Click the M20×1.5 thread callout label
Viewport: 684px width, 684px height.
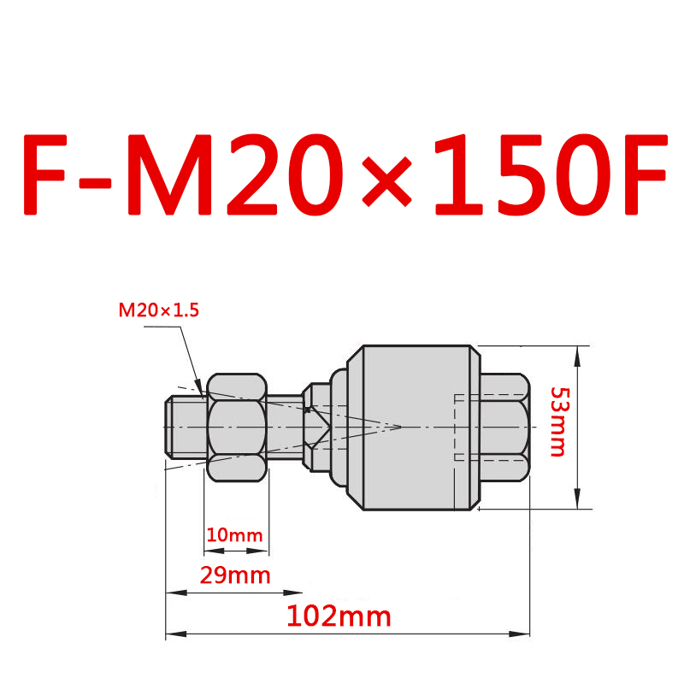pyautogui.click(x=158, y=310)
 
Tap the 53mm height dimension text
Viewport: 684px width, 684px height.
pyautogui.click(x=558, y=422)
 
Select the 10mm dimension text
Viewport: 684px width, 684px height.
pyautogui.click(x=234, y=535)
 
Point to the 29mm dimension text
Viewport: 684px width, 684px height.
pyautogui.click(x=234, y=575)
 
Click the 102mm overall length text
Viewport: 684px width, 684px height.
pyautogui.click(x=339, y=616)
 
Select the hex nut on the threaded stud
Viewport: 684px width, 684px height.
pyautogui.click(x=236, y=426)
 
